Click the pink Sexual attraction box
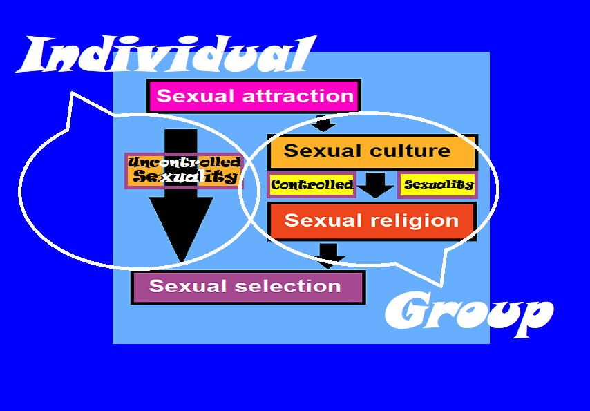pos(254,95)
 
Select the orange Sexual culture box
pos(372,151)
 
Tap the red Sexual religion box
pos(372,221)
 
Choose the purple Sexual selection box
pos(247,287)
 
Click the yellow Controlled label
pos(312,185)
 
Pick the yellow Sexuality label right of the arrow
pos(438,184)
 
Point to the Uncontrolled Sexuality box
pos(184,170)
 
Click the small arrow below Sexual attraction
pos(323,124)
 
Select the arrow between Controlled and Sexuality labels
pos(375,185)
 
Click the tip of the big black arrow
pos(181,261)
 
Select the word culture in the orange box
pos(410,151)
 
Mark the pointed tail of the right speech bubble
pos(440,285)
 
